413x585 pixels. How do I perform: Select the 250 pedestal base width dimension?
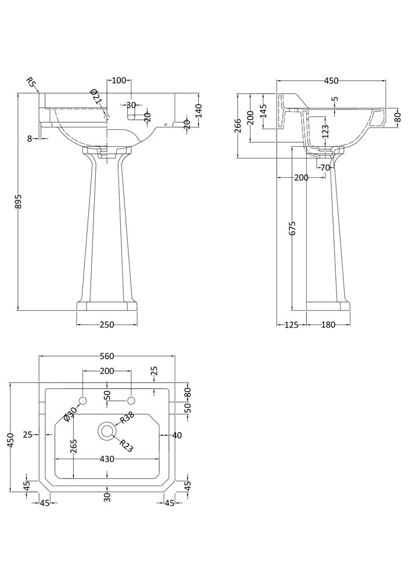(x=107, y=325)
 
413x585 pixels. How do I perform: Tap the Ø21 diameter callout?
(x=95, y=97)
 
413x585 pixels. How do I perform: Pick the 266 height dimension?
(x=238, y=126)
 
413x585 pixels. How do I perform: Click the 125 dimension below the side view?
(x=291, y=325)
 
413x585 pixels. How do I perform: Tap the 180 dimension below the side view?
(x=328, y=325)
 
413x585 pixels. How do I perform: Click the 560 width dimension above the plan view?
(x=106, y=356)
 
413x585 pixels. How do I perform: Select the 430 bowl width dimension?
(x=106, y=459)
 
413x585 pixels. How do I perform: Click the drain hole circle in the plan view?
(x=106, y=431)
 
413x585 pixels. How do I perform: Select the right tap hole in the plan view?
(x=131, y=401)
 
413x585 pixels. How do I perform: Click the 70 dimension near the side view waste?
(x=325, y=167)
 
